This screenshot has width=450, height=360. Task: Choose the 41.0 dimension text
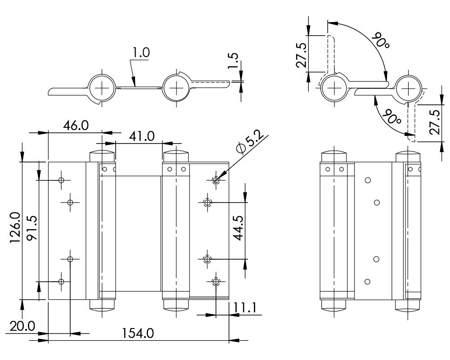(140, 135)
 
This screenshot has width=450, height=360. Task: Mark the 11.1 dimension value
(246, 307)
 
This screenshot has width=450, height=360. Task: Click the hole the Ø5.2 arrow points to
(216, 180)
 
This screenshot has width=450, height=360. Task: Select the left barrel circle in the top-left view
(102, 87)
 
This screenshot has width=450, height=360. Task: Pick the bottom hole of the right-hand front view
(368, 282)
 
